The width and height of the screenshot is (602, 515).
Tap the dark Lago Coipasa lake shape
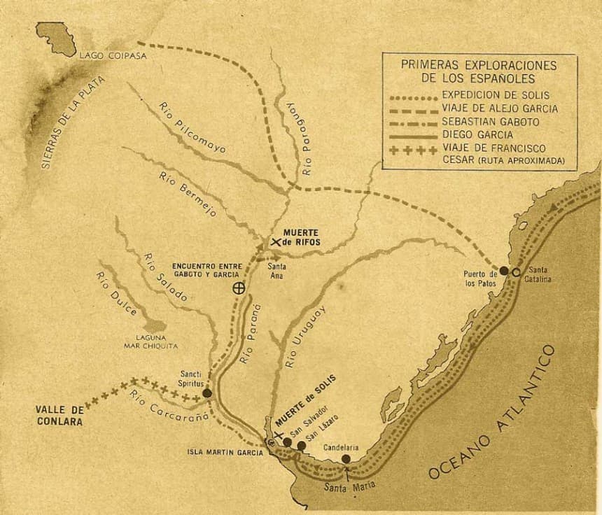point(56,38)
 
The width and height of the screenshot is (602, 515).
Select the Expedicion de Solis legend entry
point(496,94)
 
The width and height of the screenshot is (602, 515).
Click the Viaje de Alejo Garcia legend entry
point(500,108)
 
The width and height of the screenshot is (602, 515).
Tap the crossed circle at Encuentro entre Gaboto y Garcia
point(239,287)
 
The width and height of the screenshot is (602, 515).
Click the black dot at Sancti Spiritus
point(207,394)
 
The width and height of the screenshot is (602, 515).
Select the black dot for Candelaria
point(346,459)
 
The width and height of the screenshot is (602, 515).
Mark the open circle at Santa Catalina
point(516,272)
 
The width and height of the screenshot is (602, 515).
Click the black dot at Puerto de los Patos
point(504,270)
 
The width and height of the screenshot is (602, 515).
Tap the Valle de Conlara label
point(59,416)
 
